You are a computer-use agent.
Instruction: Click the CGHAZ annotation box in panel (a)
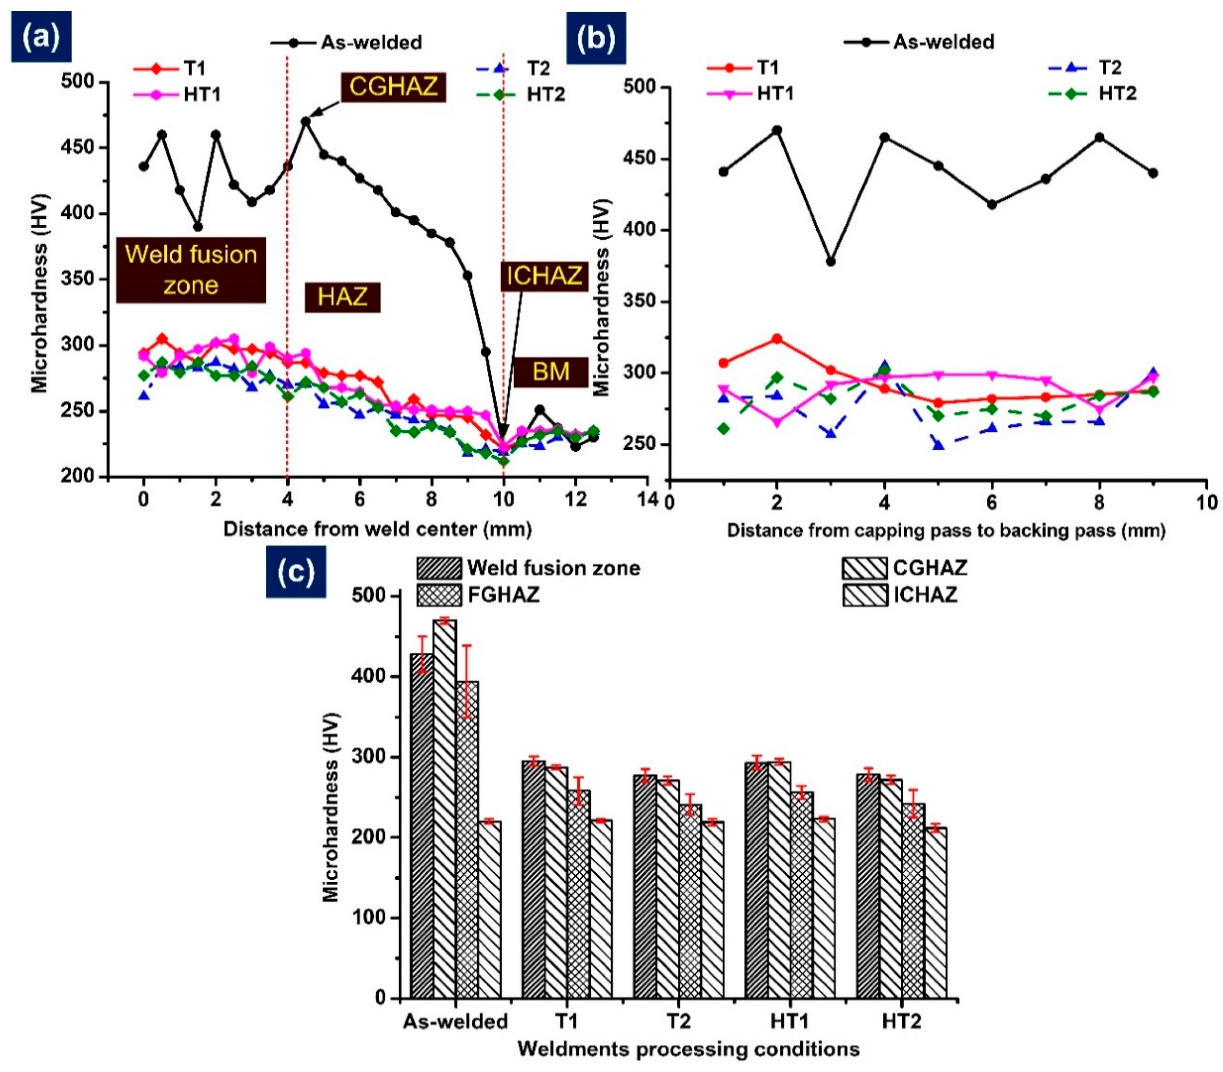tap(393, 87)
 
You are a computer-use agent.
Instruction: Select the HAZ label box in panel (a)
tap(343, 297)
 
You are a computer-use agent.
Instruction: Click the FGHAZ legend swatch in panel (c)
tap(439, 595)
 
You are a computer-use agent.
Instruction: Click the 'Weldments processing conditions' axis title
tap(688, 1049)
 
